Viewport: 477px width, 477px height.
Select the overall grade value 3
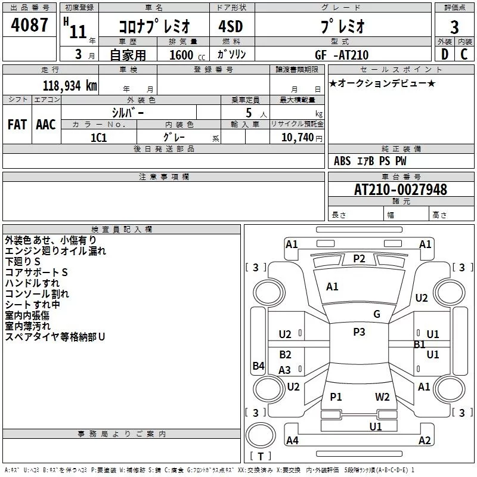pyautogui.click(x=455, y=27)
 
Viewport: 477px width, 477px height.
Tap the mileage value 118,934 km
pyautogui.click(x=70, y=86)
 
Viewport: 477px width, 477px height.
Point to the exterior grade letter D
pyautogui.click(x=444, y=54)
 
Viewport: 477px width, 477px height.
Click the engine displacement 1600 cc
pyautogui.click(x=181, y=55)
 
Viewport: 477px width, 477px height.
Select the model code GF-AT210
pyautogui.click(x=342, y=55)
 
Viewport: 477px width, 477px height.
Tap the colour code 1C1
pyautogui.click(x=98, y=137)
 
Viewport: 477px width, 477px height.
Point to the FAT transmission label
pyautogui.click(x=17, y=125)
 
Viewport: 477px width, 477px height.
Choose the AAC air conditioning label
pyautogui.click(x=45, y=125)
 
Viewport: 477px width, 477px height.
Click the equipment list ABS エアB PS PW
pyautogui.click(x=370, y=161)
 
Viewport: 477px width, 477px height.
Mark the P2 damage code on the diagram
pyautogui.click(x=359, y=258)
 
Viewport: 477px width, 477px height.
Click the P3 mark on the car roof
pyautogui.click(x=359, y=332)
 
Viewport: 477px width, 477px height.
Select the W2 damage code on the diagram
pyautogui.click(x=382, y=397)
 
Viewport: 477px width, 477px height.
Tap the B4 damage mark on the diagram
pyautogui.click(x=258, y=366)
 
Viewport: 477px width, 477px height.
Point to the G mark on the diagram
pyautogui.click(x=377, y=314)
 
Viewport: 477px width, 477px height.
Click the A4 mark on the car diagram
pyautogui.click(x=292, y=441)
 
